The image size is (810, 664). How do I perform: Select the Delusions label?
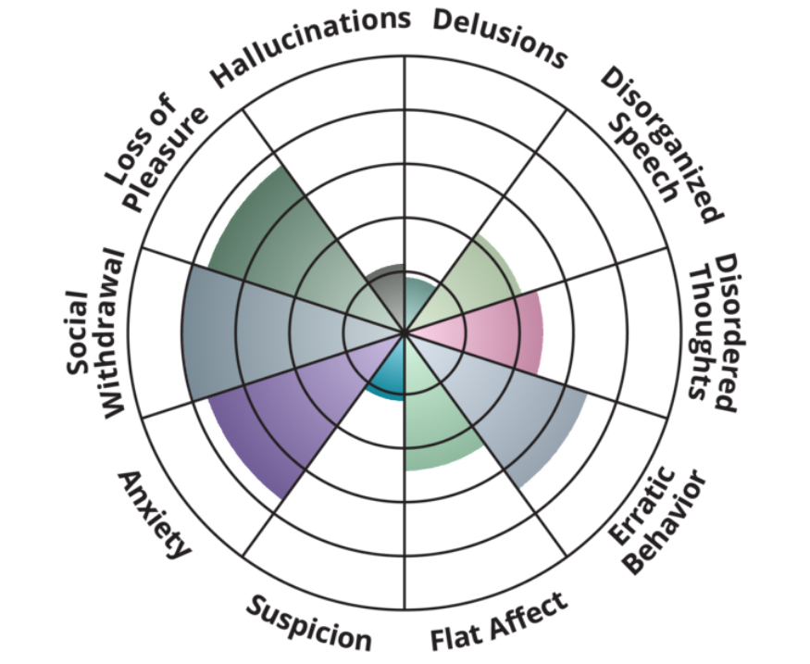point(500,37)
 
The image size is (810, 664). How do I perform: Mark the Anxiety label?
point(154,514)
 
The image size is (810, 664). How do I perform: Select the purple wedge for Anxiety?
point(278,417)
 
